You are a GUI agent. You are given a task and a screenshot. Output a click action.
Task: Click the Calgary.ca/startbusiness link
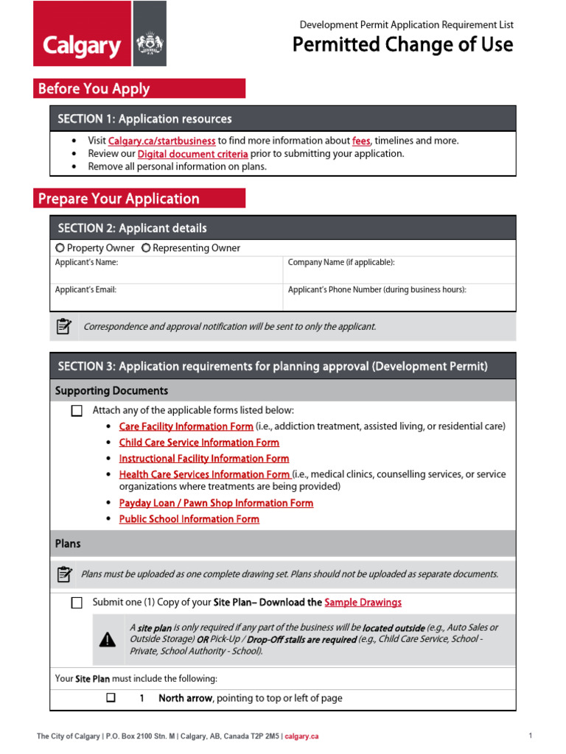click(161, 141)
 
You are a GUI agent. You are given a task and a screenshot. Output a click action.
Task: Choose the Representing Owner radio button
click(146, 248)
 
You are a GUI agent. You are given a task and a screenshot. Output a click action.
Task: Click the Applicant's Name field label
click(86, 262)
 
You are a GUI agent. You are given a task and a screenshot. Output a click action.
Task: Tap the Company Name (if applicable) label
click(340, 262)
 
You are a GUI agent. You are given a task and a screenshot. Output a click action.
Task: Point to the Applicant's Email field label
click(85, 290)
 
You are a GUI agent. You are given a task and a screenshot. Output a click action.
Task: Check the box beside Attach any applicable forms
click(77, 411)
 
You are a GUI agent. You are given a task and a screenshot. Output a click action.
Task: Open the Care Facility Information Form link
click(186, 426)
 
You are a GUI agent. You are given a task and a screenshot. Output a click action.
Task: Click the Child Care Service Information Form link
click(199, 443)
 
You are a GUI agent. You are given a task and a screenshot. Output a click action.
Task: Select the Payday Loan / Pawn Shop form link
click(216, 503)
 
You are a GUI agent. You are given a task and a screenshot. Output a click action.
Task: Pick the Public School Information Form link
click(189, 519)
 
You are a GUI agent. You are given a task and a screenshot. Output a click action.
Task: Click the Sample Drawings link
click(363, 602)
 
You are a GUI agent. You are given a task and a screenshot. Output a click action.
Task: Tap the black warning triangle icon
click(108, 640)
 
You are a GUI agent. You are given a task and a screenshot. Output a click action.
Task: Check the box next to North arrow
click(111, 697)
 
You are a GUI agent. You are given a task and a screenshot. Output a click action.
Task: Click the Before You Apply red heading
click(139, 89)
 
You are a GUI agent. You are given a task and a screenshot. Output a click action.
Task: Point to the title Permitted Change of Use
click(402, 45)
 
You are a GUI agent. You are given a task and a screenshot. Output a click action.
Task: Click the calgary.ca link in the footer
click(301, 736)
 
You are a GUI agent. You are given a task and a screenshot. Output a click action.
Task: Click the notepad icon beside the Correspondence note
click(64, 326)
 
